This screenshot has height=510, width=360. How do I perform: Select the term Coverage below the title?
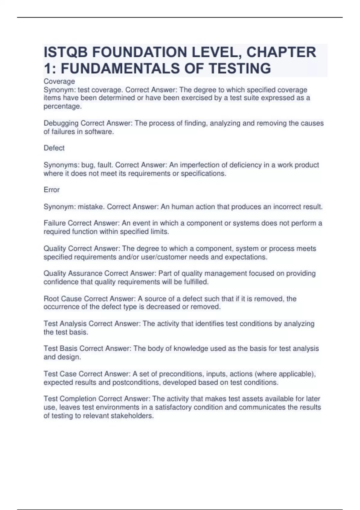(59, 81)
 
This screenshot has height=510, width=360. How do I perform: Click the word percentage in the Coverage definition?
(62, 106)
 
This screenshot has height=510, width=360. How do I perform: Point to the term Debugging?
(61, 123)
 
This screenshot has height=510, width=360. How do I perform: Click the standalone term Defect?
(54, 148)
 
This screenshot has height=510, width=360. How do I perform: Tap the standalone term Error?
(52, 190)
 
